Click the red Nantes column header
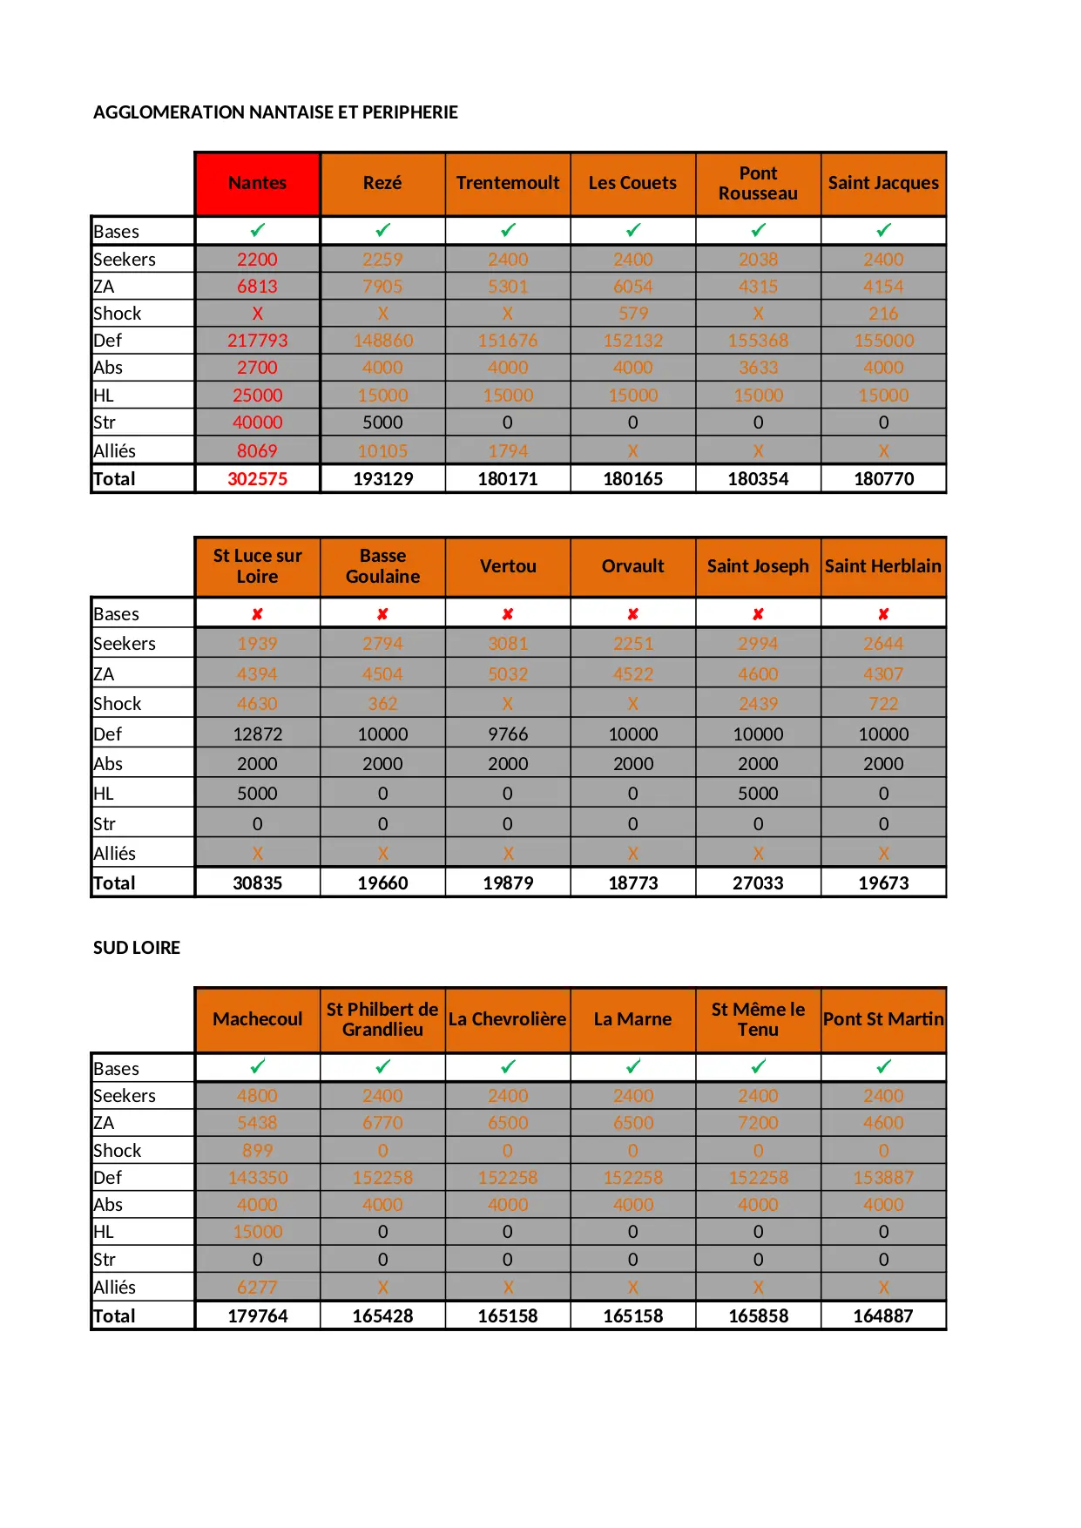pos(257,183)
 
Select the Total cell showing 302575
pos(257,479)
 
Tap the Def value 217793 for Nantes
pos(257,341)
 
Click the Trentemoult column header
pos(508,183)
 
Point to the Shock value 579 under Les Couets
pos(633,314)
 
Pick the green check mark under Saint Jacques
pos(883,231)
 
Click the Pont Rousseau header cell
pos(758,183)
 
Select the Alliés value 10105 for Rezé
pos(382,451)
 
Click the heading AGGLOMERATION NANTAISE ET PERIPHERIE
pos(275,112)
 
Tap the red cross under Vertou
pos(508,614)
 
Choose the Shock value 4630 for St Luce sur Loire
pos(257,704)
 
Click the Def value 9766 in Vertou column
pos(508,734)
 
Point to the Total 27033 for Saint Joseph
pos(758,883)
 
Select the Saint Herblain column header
pos(883,566)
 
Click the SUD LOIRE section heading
pos(137,948)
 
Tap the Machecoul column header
pos(257,1019)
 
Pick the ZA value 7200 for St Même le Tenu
pos(758,1123)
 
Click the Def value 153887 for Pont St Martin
pos(883,1178)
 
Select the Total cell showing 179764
pos(257,1316)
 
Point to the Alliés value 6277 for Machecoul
pos(257,1288)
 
